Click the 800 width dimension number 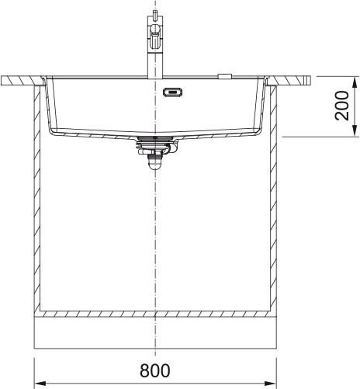[x=155, y=370]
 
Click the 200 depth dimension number [x=342, y=106]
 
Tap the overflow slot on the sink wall [x=172, y=92]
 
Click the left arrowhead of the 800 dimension [x=40, y=383]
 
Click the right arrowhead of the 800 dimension [x=270, y=383]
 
